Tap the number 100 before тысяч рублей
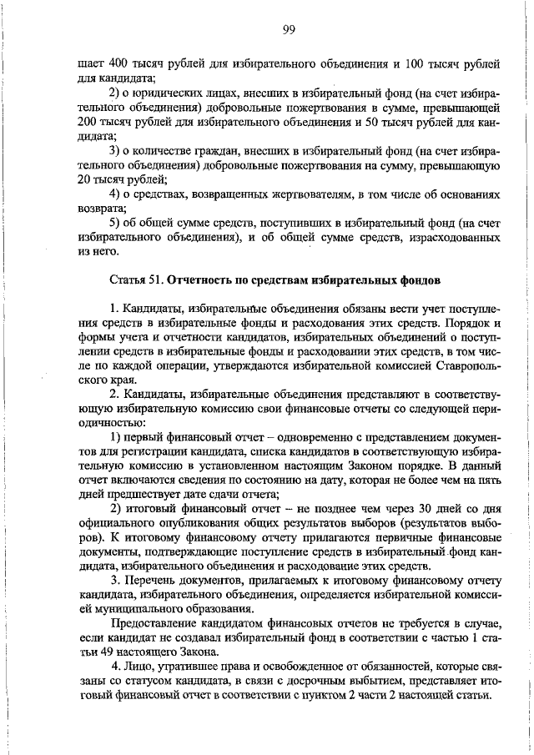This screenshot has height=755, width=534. (x=403, y=64)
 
